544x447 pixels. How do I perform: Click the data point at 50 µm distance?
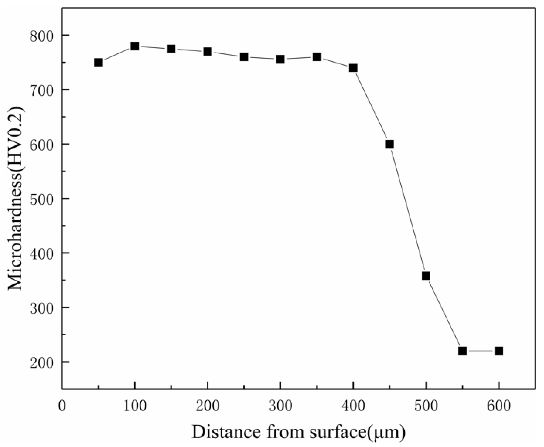click(98, 62)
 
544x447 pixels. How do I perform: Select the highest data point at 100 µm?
click(135, 46)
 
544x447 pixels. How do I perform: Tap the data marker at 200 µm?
click(208, 52)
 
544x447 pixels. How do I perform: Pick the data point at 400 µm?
click(353, 68)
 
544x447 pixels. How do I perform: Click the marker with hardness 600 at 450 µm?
click(390, 144)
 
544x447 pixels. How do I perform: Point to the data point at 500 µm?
click(426, 276)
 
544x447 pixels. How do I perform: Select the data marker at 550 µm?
click(462, 351)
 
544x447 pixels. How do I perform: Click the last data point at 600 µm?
click(499, 351)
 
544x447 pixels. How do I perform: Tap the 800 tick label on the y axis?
click(42, 36)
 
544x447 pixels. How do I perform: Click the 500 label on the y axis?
click(42, 199)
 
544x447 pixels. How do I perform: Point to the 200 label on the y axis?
click(42, 362)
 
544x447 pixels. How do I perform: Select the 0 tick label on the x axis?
click(62, 406)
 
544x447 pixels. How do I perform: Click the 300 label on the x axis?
click(280, 406)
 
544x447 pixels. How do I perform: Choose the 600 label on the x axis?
click(499, 406)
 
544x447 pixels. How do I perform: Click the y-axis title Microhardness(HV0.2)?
click(16, 198)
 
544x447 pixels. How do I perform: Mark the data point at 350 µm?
click(317, 57)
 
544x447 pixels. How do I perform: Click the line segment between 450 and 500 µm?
click(408, 210)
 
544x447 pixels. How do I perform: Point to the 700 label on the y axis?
click(42, 90)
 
